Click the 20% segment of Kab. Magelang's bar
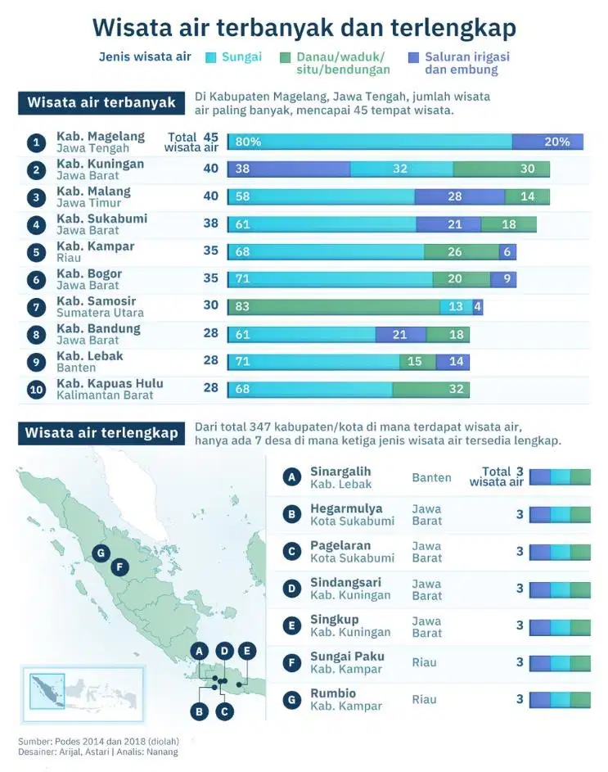point(547,142)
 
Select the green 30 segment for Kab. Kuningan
point(501,169)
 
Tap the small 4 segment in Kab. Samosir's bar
point(478,307)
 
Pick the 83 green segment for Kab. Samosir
point(334,307)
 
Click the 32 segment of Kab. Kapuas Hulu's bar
point(430,389)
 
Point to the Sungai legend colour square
point(210,57)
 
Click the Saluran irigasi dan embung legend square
point(413,57)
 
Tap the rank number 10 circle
point(36,390)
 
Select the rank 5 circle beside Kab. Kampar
point(36,253)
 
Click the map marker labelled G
point(101,553)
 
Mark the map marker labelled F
point(119,567)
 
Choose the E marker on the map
point(246,652)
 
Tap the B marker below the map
point(200,711)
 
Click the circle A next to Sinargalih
point(291,477)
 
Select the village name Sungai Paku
point(347,657)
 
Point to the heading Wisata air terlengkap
point(101,433)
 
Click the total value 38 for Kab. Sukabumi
point(210,223)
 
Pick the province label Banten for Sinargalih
point(432,477)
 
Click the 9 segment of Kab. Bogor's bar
point(503,279)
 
